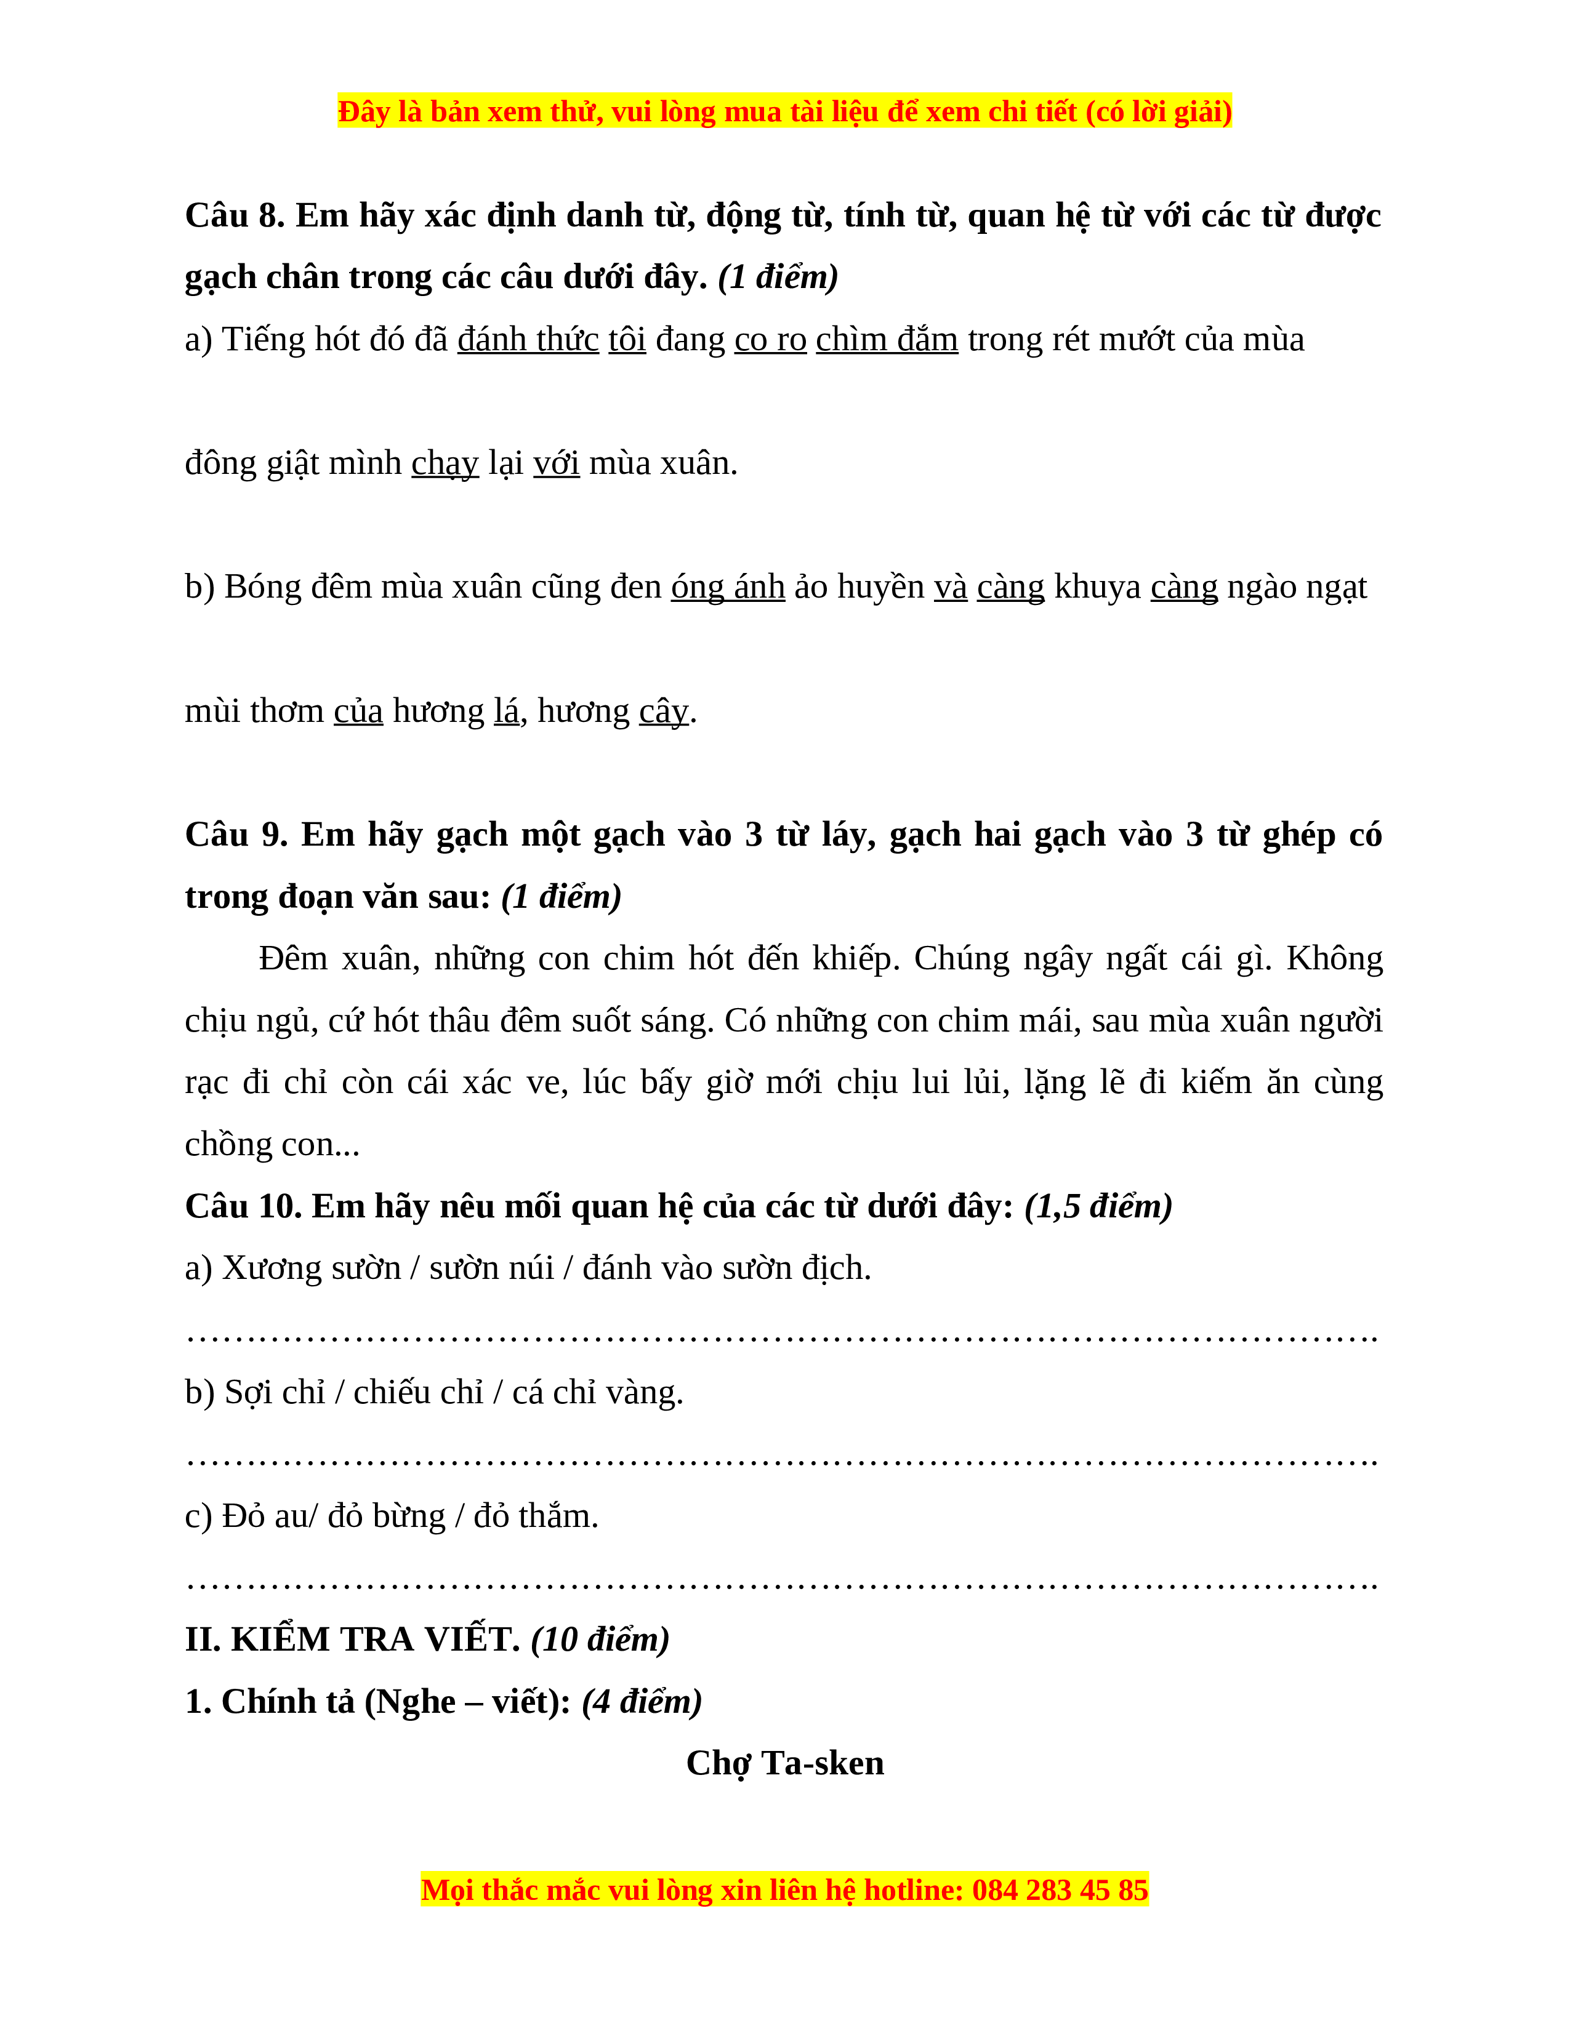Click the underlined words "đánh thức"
coord(528,340)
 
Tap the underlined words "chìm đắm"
coord(887,340)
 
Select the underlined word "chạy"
coord(445,463)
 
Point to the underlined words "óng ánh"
coord(727,587)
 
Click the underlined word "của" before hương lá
coord(358,711)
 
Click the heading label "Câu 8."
coord(235,216)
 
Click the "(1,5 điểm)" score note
coord(1098,1206)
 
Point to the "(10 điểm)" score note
coord(600,1640)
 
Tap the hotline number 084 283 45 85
coord(1060,1891)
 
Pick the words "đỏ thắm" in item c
coord(536,1516)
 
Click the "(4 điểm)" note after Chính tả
coord(642,1702)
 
